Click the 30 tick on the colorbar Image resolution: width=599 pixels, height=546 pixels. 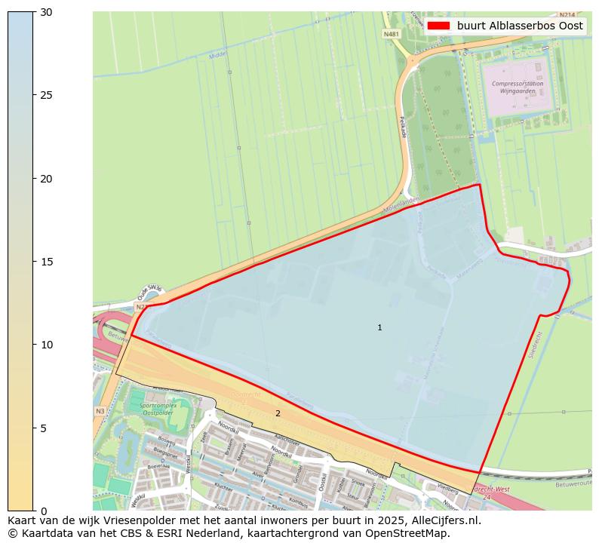(34, 12)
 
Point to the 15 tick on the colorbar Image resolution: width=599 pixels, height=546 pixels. (34, 262)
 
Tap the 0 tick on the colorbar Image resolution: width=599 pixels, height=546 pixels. (34, 511)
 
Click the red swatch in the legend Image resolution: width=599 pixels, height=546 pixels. (438, 25)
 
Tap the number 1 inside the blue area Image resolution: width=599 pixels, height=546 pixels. (379, 327)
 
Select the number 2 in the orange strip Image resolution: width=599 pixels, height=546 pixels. (278, 413)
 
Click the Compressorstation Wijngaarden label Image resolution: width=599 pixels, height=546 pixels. (513, 87)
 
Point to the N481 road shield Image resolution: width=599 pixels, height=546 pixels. (391, 34)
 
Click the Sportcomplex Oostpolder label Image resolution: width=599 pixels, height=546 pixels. (158, 409)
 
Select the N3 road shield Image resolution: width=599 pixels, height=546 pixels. (100, 411)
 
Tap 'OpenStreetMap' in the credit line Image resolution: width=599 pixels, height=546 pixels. (412, 533)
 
